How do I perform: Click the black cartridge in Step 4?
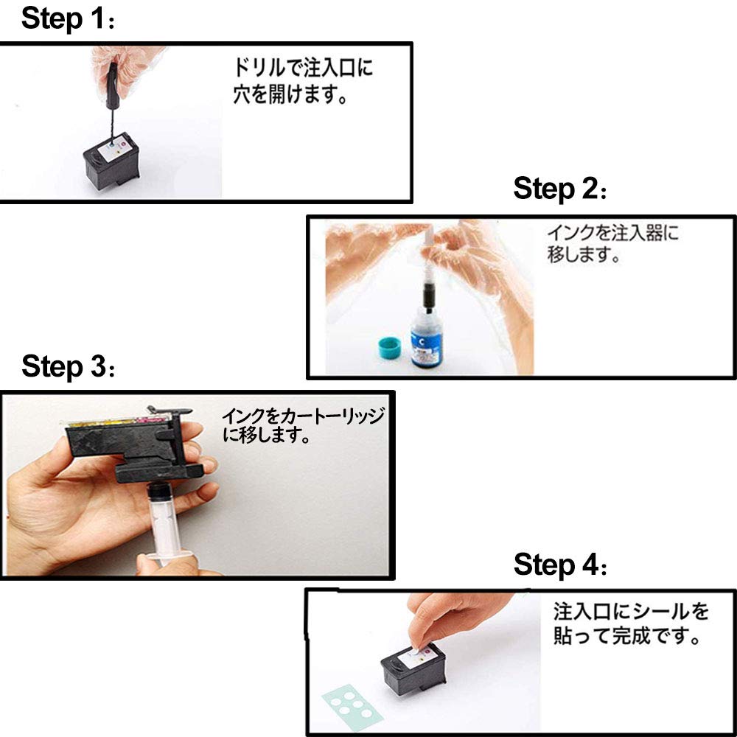pos(412,674)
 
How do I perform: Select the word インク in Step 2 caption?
pos(568,234)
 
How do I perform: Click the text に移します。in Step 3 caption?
pos(265,436)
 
